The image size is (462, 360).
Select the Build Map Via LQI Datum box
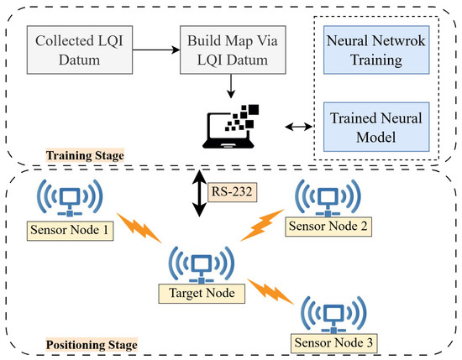pyautogui.click(x=222, y=50)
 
